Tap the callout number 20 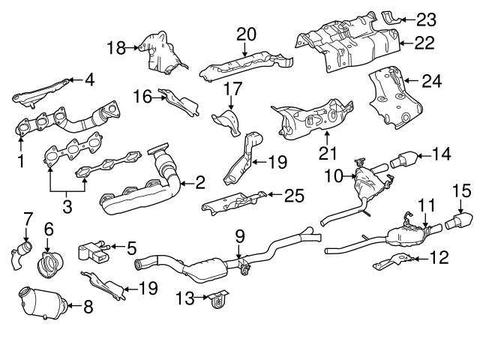pyautogui.click(x=246, y=34)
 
